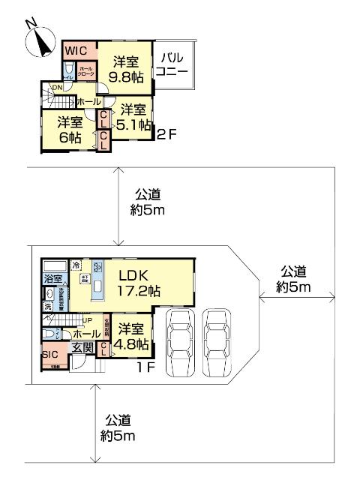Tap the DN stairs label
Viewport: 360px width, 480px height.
[55, 88]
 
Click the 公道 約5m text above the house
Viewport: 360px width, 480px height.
[147, 202]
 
